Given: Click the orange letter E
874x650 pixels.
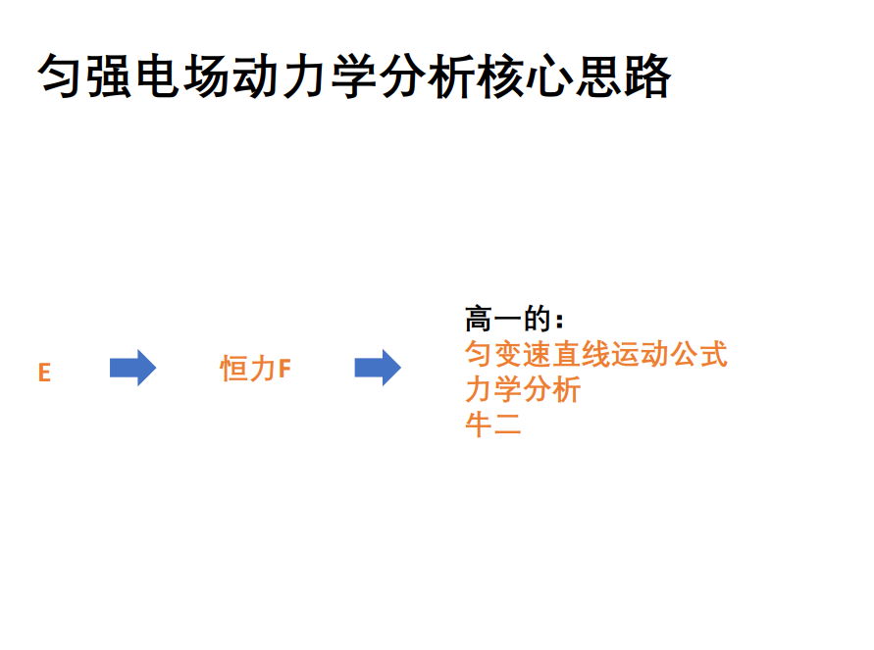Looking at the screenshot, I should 44,374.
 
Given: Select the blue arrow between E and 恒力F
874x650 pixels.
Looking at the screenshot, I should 132,368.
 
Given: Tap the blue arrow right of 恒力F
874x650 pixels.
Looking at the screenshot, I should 378,368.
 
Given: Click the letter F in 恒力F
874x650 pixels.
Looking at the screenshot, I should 285,370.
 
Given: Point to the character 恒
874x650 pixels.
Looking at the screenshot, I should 234,370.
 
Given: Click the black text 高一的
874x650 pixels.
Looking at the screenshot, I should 508,321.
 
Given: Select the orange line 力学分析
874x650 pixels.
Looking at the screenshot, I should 523,390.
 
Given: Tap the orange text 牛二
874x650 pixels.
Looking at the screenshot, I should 493,425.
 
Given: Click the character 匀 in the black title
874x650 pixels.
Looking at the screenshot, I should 63,76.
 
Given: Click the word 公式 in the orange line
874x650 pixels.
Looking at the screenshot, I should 698,355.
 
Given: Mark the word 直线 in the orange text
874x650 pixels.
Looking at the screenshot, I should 582,355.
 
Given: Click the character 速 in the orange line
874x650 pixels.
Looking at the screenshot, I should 538,355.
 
